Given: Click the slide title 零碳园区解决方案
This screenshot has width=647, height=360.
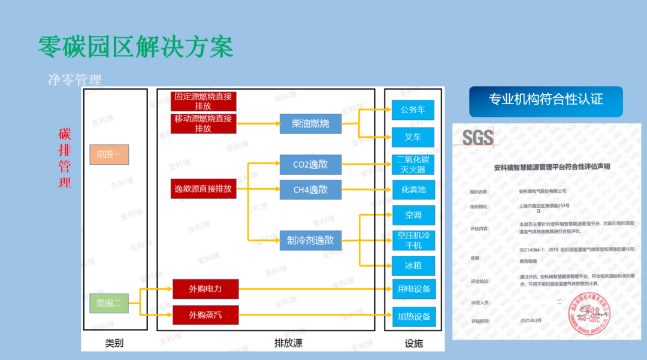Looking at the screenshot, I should click(135, 46).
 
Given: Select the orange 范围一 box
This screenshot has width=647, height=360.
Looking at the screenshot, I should click(109, 155).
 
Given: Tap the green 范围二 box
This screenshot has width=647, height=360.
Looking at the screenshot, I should click(109, 303).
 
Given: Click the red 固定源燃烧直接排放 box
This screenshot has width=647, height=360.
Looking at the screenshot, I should click(203, 101).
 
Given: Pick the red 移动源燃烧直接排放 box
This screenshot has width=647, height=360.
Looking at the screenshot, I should click(203, 123).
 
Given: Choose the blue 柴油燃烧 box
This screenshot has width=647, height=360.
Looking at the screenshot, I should click(310, 123).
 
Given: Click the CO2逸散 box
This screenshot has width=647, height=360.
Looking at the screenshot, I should click(310, 164).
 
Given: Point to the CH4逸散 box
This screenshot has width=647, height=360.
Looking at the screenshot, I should click(310, 190).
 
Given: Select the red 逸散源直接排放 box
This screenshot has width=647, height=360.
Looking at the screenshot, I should click(203, 189).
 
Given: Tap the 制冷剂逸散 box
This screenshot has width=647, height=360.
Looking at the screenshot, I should click(310, 241).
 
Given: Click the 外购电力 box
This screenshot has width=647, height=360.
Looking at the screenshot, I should click(205, 289).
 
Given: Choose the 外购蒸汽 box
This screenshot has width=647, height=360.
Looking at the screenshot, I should click(205, 314).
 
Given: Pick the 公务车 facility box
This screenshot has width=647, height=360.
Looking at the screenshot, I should click(413, 110).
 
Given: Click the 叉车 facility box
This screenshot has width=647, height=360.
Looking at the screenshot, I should click(413, 137).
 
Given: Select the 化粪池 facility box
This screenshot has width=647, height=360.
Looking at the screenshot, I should click(413, 190).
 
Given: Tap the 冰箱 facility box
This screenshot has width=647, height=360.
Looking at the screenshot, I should click(413, 264).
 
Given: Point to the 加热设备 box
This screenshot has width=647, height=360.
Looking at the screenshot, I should click(413, 316).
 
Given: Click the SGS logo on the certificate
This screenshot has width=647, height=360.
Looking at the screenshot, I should click(478, 137).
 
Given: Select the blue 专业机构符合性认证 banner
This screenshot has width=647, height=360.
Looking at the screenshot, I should click(546, 100).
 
